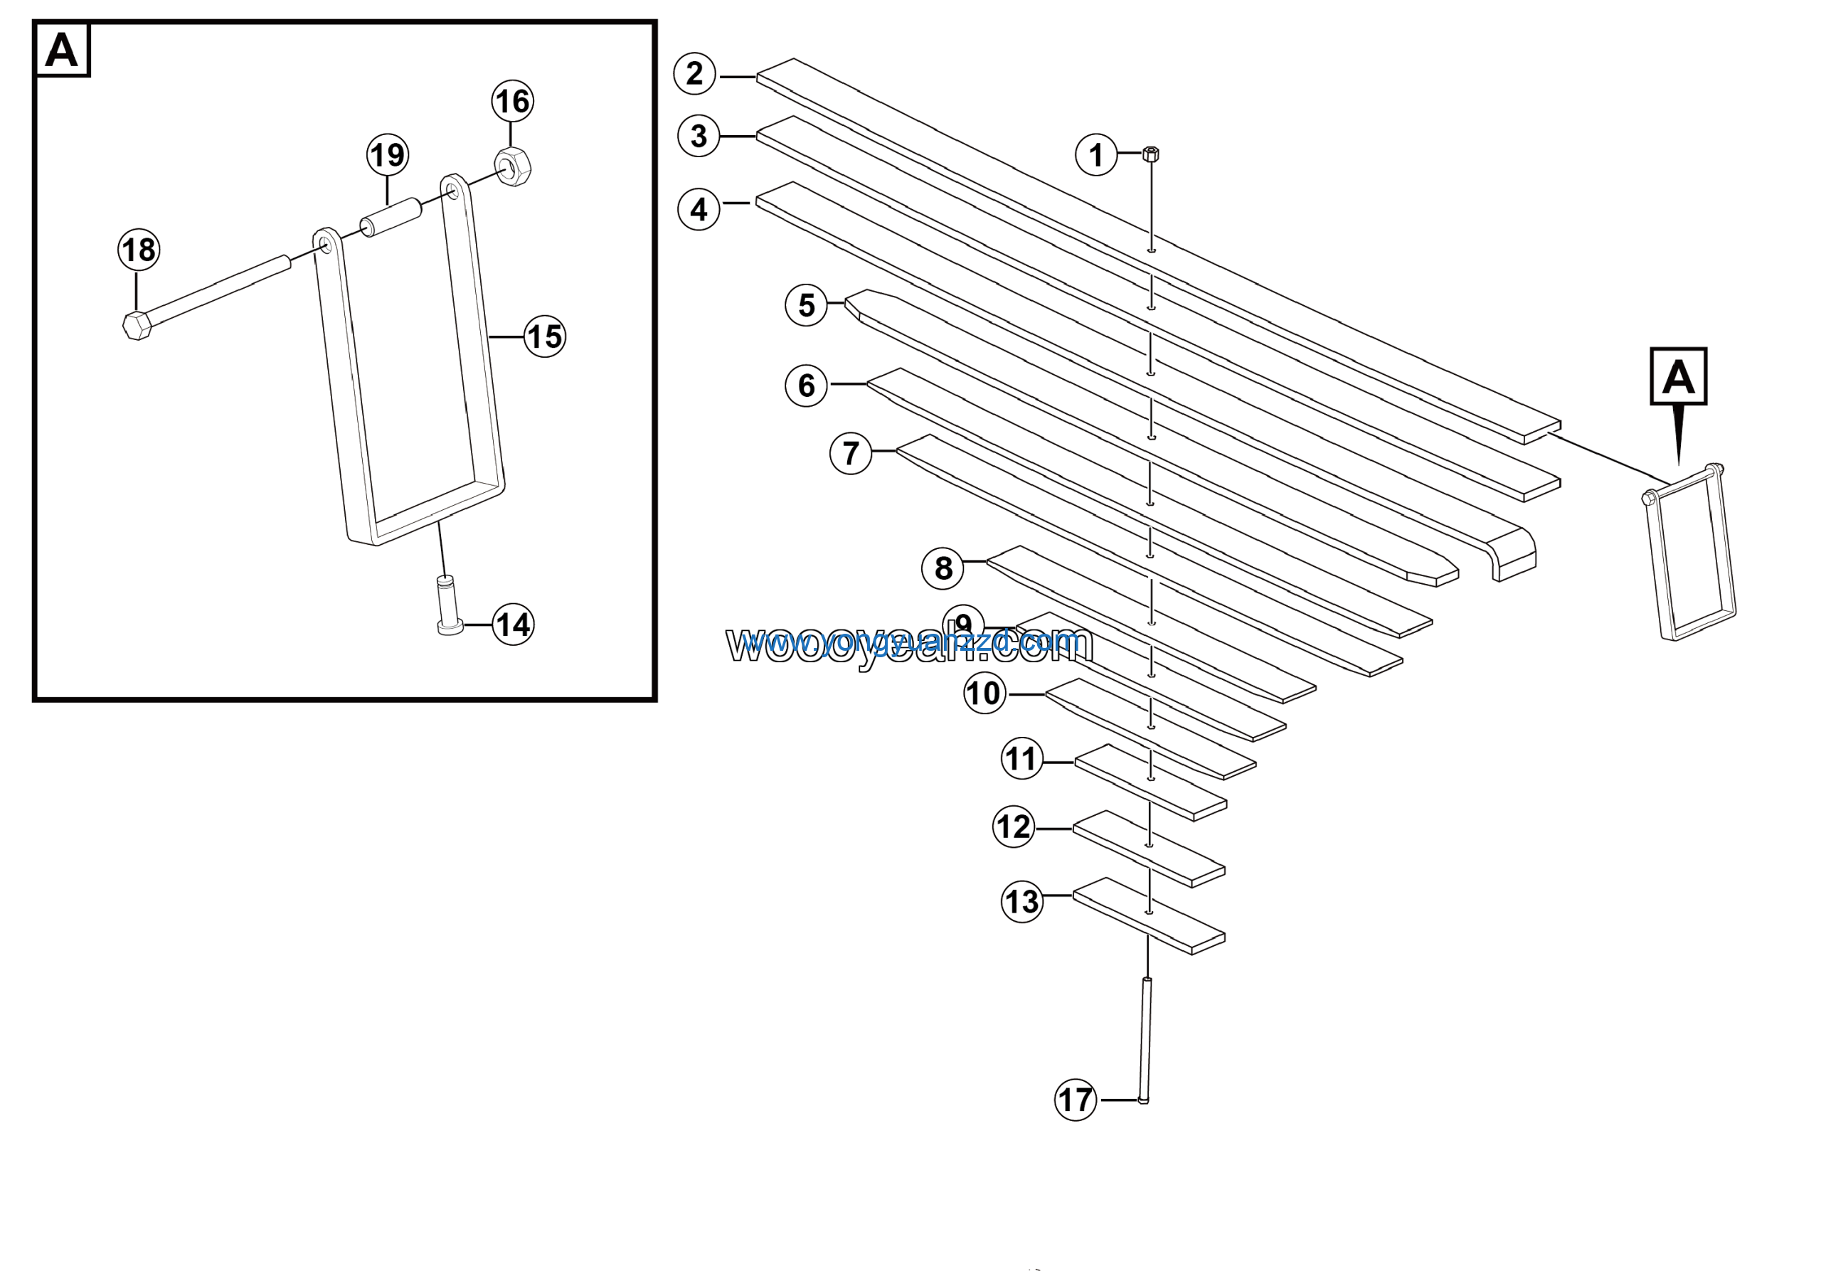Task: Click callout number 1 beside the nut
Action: (x=1095, y=154)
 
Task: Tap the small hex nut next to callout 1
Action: (x=1151, y=154)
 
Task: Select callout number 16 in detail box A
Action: (x=512, y=101)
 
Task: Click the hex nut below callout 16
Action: (x=513, y=166)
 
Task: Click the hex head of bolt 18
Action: (x=137, y=325)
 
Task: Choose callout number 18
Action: (x=139, y=250)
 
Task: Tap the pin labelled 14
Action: (x=449, y=605)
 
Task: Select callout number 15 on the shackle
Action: (x=545, y=336)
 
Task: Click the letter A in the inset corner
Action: (x=62, y=50)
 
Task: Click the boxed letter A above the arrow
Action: (x=1678, y=376)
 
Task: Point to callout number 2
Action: (x=695, y=74)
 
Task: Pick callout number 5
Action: (x=806, y=304)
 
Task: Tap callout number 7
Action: (x=850, y=454)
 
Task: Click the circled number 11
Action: (x=1021, y=759)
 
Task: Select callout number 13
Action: (x=1021, y=901)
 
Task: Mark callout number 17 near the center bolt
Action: (x=1076, y=1100)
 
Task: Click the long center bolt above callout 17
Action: (x=1146, y=1038)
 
